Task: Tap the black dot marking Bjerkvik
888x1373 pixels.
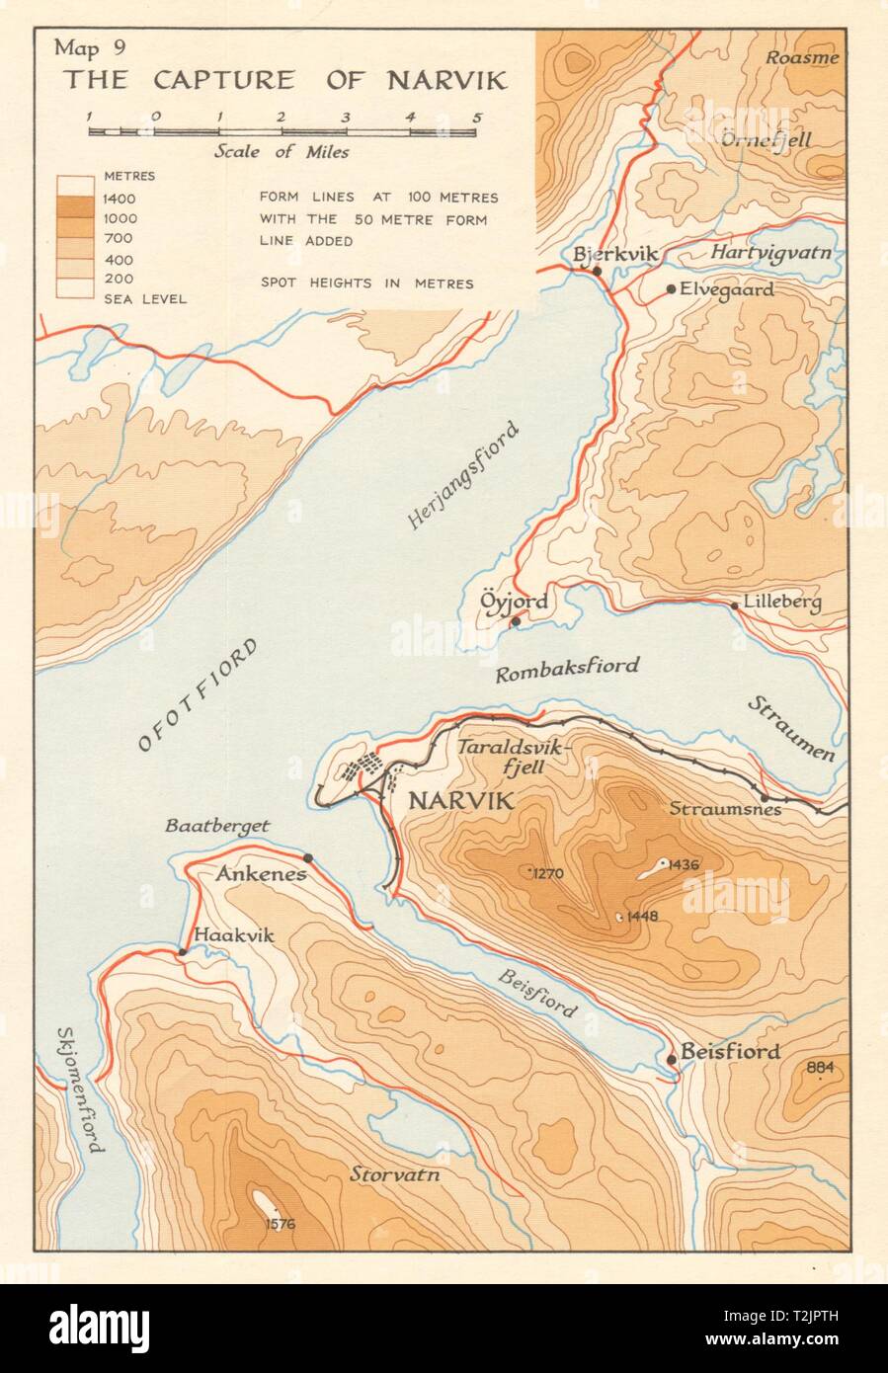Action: pos(597,270)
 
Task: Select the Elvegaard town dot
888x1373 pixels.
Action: pos(671,289)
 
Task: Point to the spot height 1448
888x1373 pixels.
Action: pos(639,916)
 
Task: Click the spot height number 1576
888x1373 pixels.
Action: pos(280,1225)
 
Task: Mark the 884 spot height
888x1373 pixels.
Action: pos(820,1067)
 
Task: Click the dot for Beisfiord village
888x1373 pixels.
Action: pos(672,1059)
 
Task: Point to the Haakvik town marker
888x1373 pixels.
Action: pos(182,952)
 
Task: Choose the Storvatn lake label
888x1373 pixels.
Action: pos(394,1175)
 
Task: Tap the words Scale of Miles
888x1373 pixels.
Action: pos(282,152)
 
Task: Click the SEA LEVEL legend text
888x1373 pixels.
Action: pos(146,298)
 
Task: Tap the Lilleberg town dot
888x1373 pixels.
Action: pos(734,605)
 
